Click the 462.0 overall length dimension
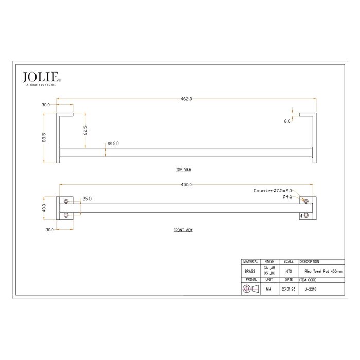(186, 99)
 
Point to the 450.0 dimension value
(186, 184)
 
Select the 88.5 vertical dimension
(45, 139)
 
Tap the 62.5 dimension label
(85, 130)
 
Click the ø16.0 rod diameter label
(113, 143)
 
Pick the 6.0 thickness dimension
(286, 121)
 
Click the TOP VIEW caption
(183, 169)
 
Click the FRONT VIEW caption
(183, 230)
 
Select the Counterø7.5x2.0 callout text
(273, 191)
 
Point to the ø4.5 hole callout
(287, 196)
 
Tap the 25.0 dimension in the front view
(86, 198)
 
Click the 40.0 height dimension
(45, 208)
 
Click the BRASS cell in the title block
(250, 271)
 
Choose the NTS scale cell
(289, 271)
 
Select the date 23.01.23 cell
(289, 290)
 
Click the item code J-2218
(310, 290)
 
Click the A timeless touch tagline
(41, 85)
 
